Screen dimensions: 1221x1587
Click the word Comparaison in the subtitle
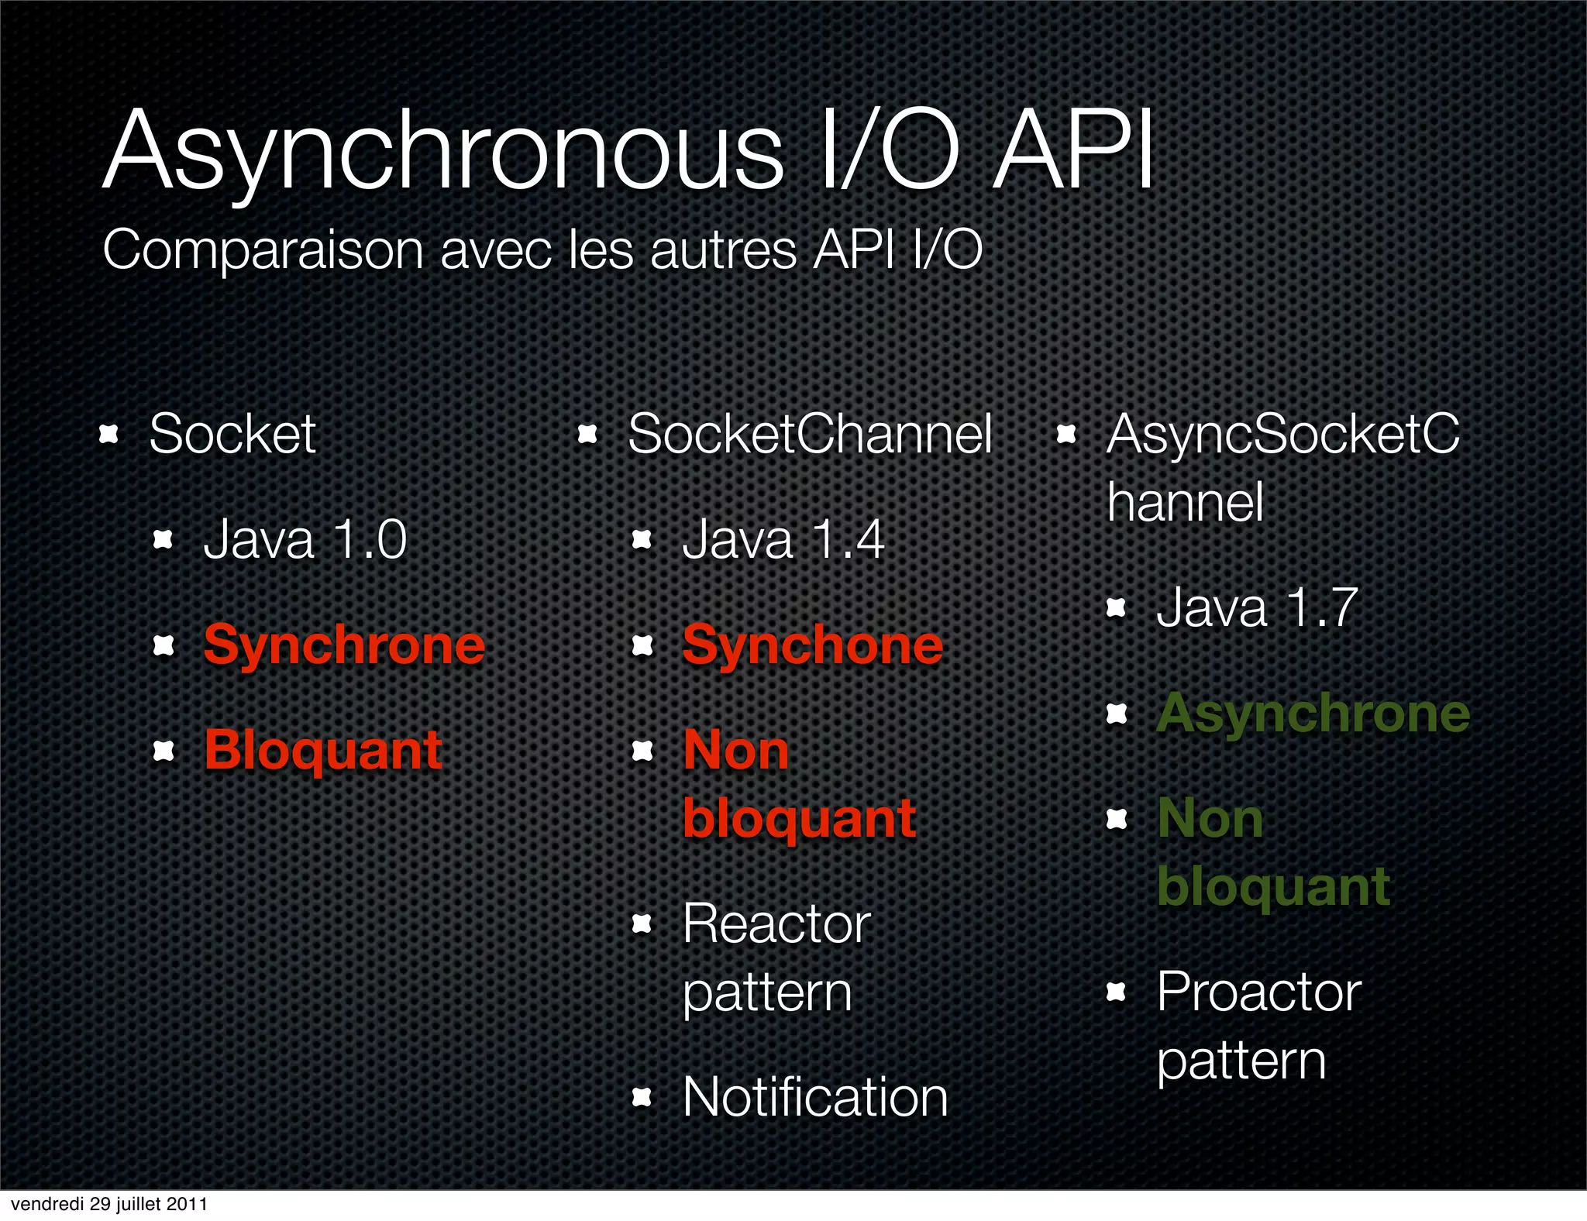(263, 250)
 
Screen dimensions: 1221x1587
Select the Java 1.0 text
(305, 539)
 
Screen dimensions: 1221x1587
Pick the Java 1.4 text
(783, 539)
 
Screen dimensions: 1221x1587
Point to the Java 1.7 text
(1256, 607)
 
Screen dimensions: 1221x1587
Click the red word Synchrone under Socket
(344, 645)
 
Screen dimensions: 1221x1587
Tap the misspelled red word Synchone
(812, 645)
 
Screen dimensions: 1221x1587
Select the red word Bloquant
(323, 750)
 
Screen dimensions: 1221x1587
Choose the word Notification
(815, 1097)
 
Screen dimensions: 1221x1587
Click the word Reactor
(776, 923)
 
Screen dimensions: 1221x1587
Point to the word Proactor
(1258, 992)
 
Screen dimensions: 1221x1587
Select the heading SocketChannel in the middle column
(810, 434)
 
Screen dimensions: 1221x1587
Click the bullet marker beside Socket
(109, 435)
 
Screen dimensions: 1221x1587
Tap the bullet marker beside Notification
(642, 1097)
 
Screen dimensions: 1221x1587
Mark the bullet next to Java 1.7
(1116, 608)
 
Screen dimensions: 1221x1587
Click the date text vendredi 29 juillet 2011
(109, 1204)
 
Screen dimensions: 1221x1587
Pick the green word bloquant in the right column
(1273, 887)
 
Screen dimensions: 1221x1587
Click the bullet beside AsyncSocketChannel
(1067, 435)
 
